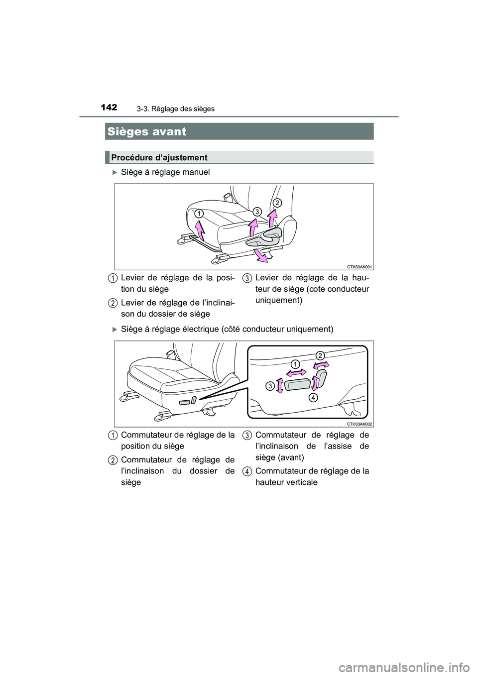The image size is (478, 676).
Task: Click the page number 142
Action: coord(109,107)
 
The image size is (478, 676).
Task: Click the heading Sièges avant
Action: coord(146,131)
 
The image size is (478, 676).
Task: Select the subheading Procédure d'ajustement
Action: coord(159,157)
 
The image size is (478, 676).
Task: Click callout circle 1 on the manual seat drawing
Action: coord(199,213)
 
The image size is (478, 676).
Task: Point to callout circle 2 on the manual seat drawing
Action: coord(277,202)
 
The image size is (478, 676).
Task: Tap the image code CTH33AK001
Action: coord(359,267)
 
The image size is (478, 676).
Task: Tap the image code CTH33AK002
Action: coord(359,424)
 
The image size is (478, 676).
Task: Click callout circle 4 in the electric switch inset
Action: coord(312,397)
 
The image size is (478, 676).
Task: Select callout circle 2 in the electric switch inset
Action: coord(319,355)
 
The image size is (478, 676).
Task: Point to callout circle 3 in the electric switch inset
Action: coord(269,386)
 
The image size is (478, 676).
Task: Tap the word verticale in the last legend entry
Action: coord(299,482)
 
